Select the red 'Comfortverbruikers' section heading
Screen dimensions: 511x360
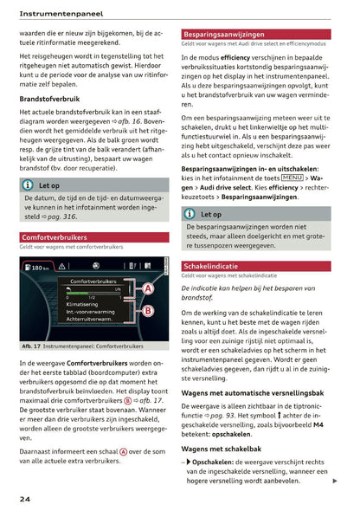click(55, 236)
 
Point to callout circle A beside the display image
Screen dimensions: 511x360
click(148, 288)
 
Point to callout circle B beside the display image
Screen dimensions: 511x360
click(148, 310)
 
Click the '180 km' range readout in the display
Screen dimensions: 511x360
click(39, 268)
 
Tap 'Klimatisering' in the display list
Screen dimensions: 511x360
click(87, 305)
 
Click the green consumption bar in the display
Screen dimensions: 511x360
click(87, 289)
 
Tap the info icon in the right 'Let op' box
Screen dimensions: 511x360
click(190, 214)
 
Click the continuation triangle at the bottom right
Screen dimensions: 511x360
click(334, 481)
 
